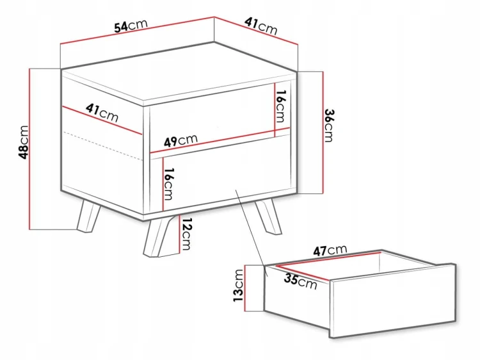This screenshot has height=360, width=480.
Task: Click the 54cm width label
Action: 131,26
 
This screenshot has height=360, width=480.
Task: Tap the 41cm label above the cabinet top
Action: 261,26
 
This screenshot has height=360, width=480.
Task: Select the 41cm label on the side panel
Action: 102,113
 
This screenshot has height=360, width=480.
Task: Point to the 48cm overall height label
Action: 24,142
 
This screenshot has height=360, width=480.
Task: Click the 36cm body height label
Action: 328,126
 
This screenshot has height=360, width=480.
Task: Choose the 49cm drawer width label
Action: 180,141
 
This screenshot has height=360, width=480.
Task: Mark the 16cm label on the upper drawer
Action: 280,106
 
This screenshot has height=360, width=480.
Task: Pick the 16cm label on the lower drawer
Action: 169,184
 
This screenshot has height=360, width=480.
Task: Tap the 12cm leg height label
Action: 186,234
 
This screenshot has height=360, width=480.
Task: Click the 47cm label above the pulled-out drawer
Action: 330,250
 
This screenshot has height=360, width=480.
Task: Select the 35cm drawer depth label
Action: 301,281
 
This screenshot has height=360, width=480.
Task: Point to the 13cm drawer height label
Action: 239,285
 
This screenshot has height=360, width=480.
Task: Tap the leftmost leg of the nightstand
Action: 88,215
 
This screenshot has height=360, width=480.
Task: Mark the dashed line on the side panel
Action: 102,146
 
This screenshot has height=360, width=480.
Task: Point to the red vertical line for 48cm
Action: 29,149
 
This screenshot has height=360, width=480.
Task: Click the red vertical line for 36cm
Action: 323,133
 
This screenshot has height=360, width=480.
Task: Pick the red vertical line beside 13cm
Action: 245,288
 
